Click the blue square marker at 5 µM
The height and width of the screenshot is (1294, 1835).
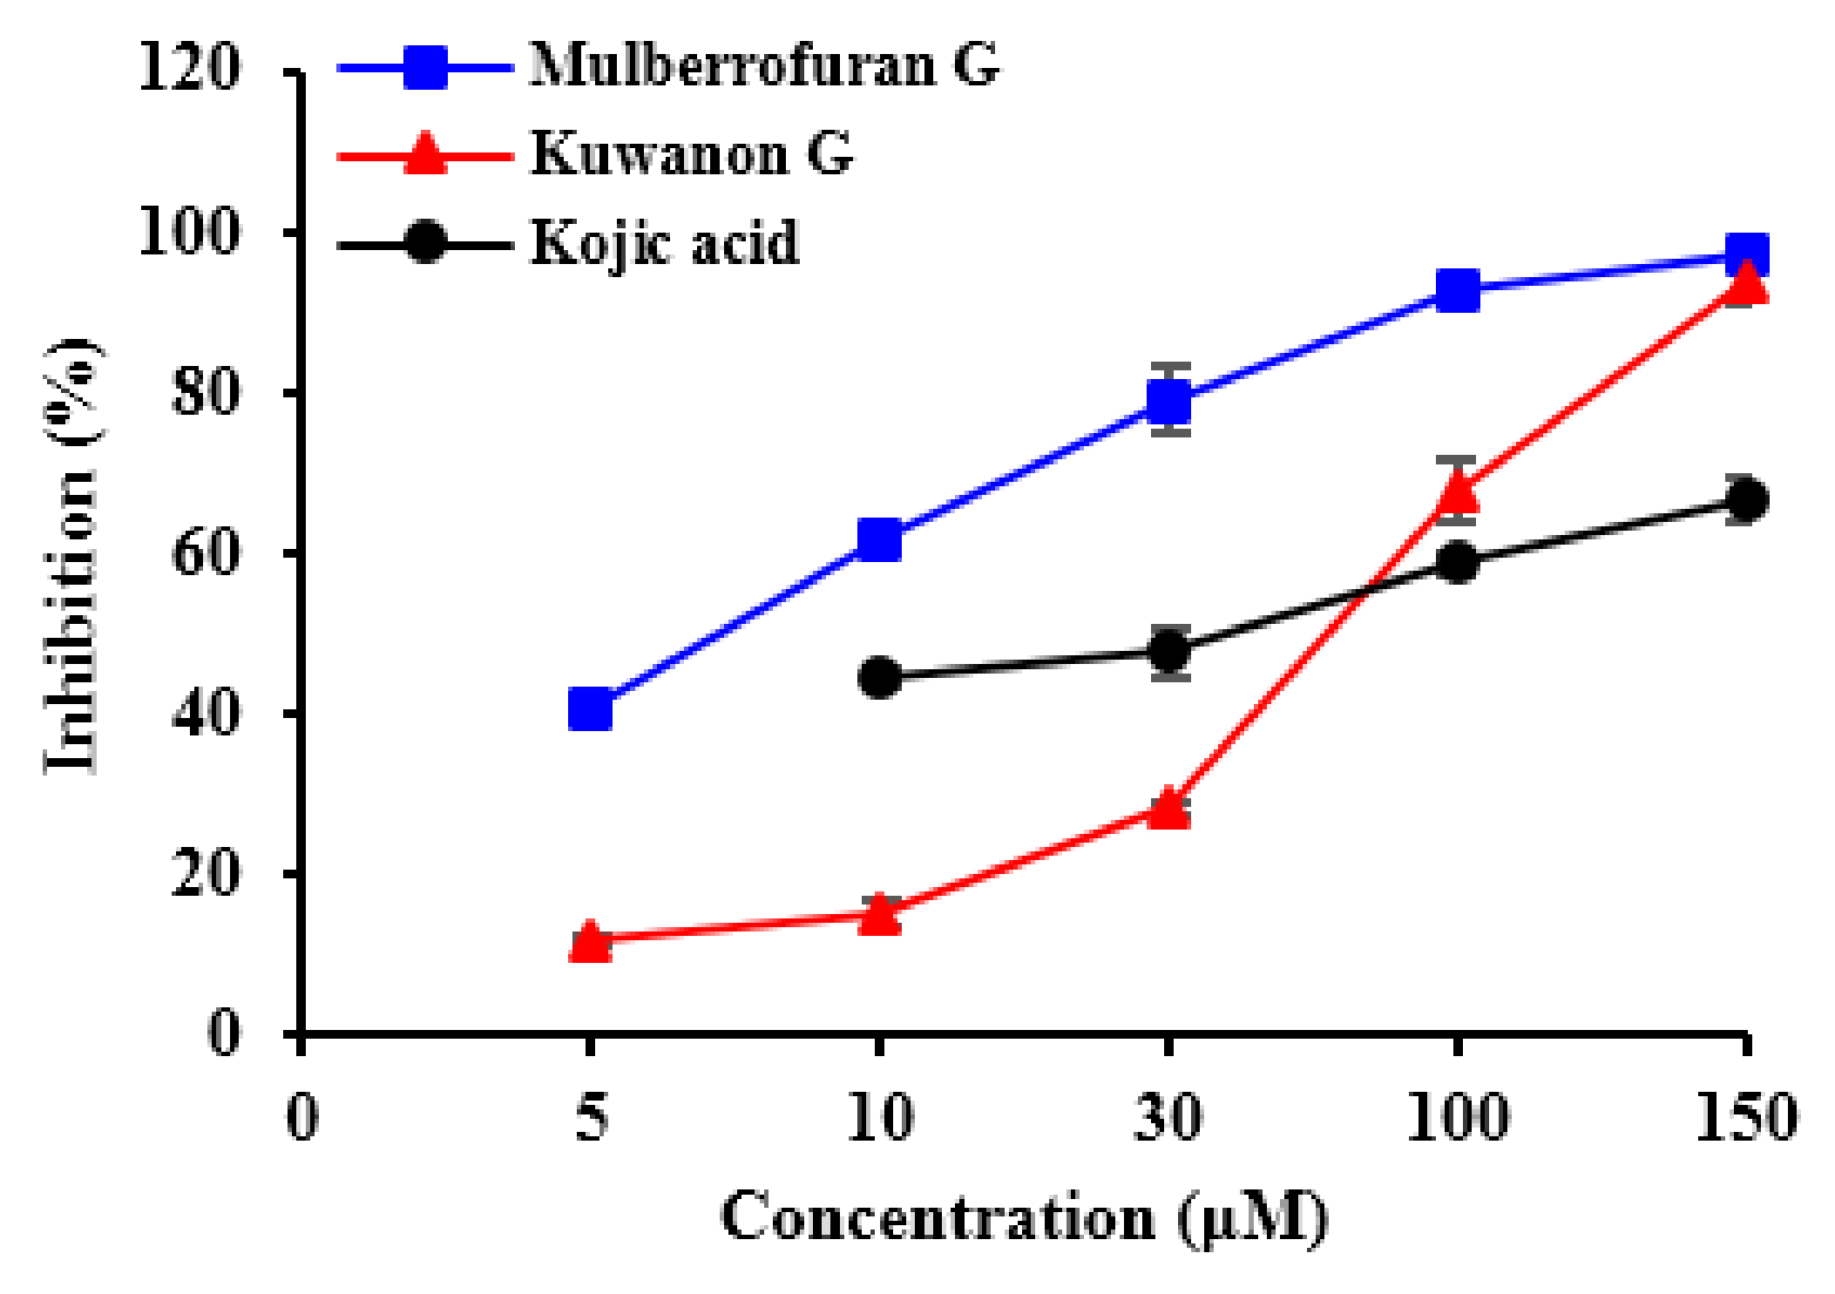(590, 708)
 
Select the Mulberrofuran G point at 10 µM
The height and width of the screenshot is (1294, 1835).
(879, 539)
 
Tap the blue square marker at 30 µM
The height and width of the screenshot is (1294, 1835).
(1169, 401)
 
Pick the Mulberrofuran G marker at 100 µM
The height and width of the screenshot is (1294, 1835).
(1458, 290)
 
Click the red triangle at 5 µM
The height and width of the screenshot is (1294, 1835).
(590, 942)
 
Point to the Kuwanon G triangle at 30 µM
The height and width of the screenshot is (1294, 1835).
(1169, 809)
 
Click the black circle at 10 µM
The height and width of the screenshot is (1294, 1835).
(879, 677)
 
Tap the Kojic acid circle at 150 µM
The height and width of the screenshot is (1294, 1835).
(1746, 499)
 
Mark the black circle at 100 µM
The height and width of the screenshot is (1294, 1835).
(1458, 561)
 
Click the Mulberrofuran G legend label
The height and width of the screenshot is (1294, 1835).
(764, 65)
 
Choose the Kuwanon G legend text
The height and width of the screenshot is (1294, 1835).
(691, 154)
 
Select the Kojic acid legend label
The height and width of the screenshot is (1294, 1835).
(665, 242)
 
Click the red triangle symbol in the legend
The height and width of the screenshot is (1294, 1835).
(425, 155)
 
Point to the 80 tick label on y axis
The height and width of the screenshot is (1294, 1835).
(205, 392)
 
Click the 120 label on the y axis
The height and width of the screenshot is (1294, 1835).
(189, 68)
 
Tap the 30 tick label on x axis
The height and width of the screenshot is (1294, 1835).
(1168, 1117)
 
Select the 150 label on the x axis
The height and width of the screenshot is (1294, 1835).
(1745, 1117)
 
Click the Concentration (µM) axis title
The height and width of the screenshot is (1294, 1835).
(1024, 1218)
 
